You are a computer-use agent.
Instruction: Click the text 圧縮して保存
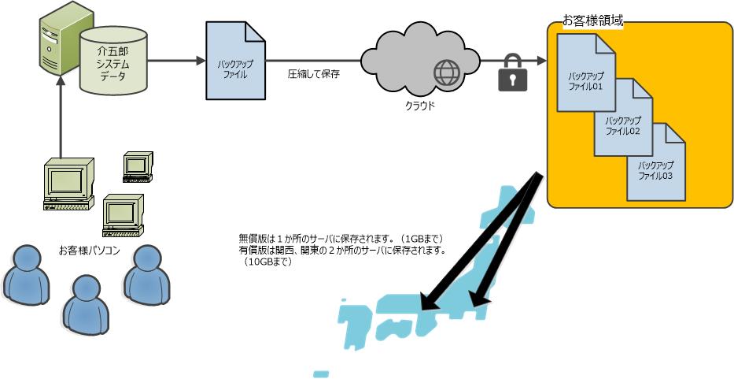pyautogui.click(x=313, y=74)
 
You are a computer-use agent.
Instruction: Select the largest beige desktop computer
pyautogui.click(x=68, y=184)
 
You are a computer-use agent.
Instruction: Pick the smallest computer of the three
pyautogui.click(x=137, y=165)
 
